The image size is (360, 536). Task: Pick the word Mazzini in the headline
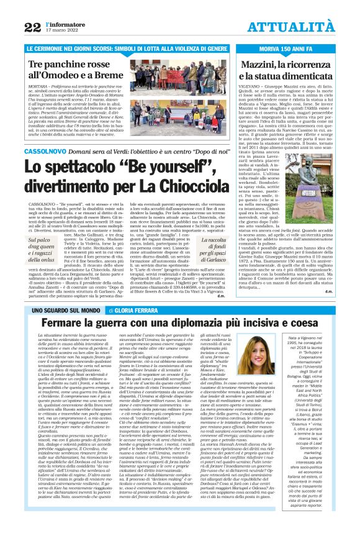click(x=270, y=65)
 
